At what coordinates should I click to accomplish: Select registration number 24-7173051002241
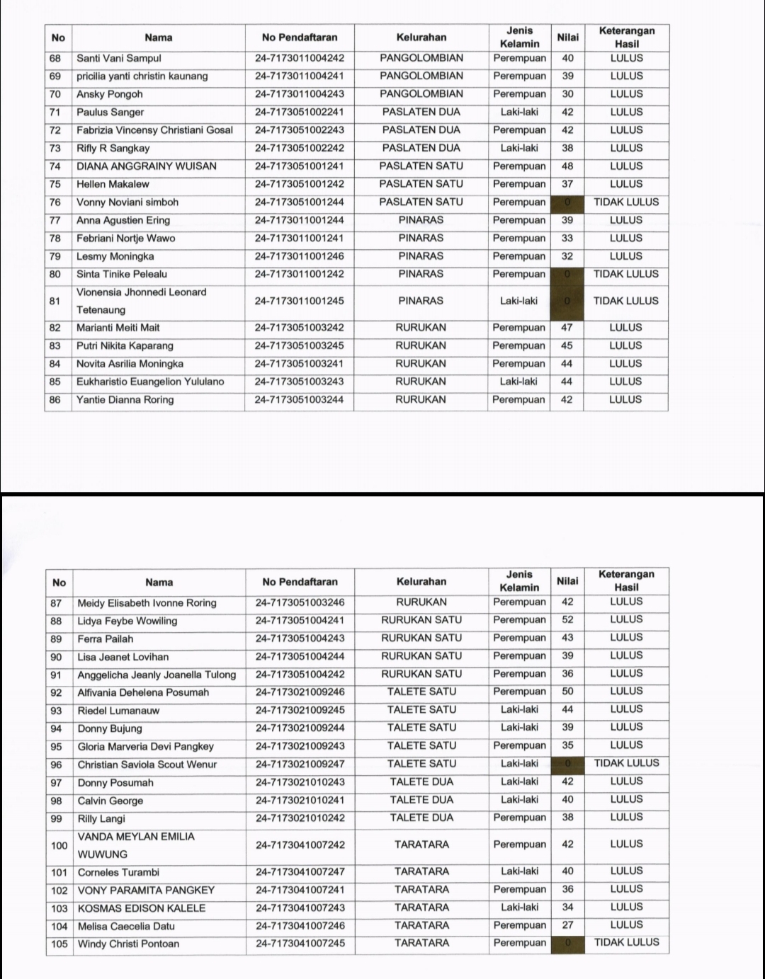(x=299, y=112)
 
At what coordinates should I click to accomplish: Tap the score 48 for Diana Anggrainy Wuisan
(x=567, y=166)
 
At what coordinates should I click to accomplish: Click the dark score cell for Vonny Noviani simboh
(x=567, y=202)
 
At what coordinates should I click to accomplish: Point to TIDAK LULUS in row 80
(x=625, y=274)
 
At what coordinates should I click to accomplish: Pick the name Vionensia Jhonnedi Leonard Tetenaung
(x=142, y=301)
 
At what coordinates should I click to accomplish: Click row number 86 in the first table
(x=56, y=400)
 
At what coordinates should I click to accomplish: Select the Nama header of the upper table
(x=158, y=38)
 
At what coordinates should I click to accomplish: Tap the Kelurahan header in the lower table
(x=421, y=582)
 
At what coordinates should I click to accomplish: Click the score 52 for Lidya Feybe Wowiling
(x=567, y=619)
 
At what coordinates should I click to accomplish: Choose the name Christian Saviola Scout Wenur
(x=147, y=765)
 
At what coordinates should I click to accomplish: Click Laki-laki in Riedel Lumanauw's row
(x=519, y=709)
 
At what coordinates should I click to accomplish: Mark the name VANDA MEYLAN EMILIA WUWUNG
(x=136, y=845)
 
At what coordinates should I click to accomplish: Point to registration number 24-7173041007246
(x=300, y=925)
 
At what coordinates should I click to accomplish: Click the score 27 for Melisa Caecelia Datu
(x=567, y=925)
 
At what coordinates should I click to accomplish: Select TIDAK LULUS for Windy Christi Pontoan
(x=626, y=943)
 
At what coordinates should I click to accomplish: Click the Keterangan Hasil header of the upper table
(x=626, y=38)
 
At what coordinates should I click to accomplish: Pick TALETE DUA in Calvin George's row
(x=421, y=800)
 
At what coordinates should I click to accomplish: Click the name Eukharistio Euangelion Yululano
(x=150, y=382)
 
